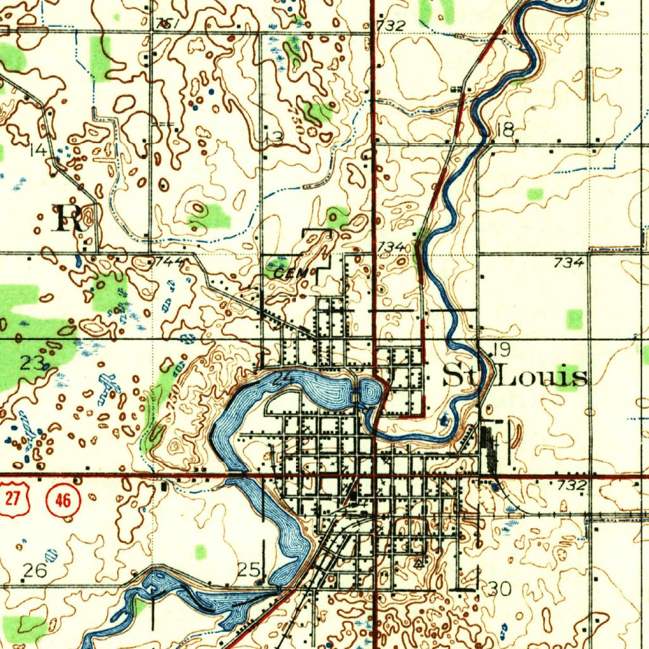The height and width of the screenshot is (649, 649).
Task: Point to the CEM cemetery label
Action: click(291, 273)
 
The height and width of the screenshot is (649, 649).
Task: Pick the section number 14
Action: click(37, 151)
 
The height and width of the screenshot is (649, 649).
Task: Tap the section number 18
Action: click(505, 131)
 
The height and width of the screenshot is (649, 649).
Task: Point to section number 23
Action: click(32, 364)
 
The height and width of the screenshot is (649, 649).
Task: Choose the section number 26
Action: click(34, 571)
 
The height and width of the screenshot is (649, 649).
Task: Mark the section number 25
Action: click(248, 569)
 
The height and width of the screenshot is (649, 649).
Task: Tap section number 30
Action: click(500, 589)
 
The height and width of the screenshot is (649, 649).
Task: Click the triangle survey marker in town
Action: click(418, 562)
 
